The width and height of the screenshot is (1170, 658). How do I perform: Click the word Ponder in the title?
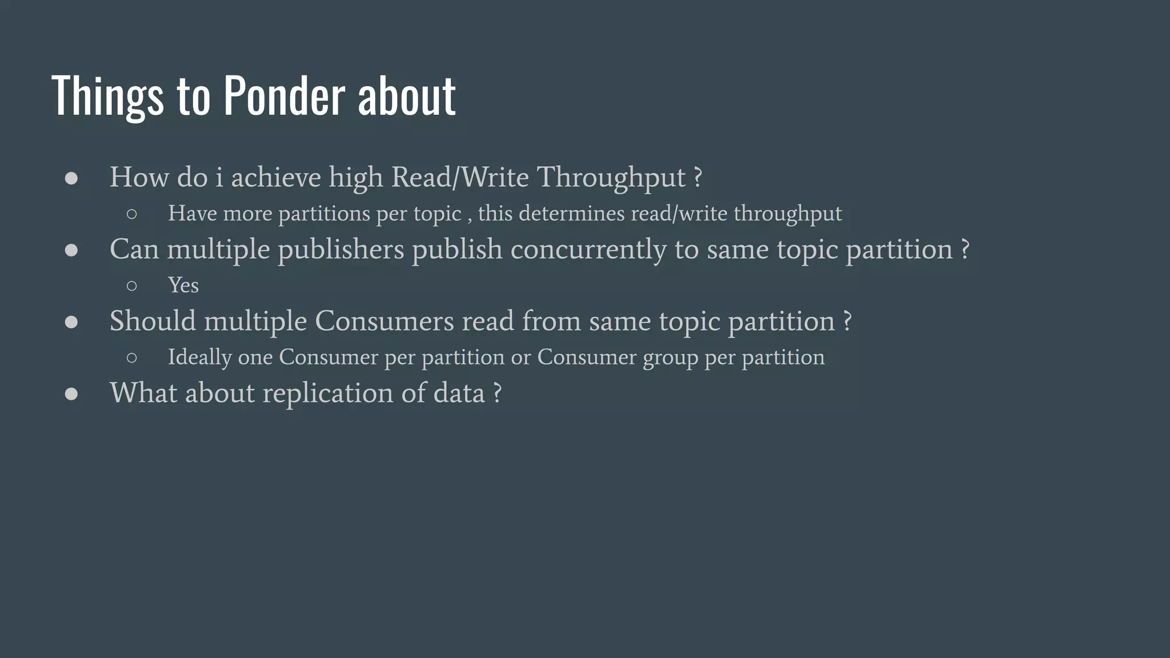284,95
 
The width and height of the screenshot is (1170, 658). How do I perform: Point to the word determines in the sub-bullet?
571,214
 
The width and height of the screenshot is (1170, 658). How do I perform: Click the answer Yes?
183,285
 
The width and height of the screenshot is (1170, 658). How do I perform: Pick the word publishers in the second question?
341,250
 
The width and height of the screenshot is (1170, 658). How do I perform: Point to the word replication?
328,394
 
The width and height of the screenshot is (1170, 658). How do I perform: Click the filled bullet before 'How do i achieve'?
71,178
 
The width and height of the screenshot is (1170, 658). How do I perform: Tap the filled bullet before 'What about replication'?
71,394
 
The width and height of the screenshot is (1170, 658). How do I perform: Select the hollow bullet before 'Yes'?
131,286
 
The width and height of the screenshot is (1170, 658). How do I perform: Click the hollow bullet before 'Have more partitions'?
131,214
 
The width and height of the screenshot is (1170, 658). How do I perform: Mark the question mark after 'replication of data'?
497,393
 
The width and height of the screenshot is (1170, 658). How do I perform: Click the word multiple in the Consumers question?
255,322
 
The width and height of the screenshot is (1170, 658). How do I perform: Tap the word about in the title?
407,95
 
